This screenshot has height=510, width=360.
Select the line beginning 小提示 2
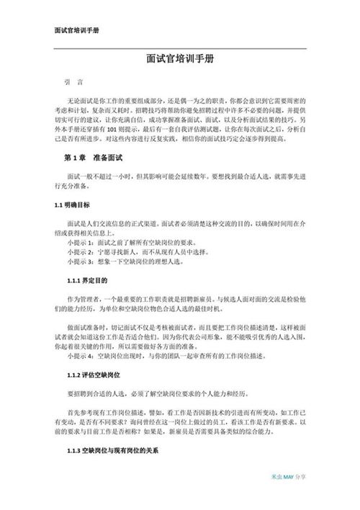pyautogui.click(x=131, y=254)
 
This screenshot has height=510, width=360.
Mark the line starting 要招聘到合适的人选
pyautogui.click(x=166, y=393)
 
